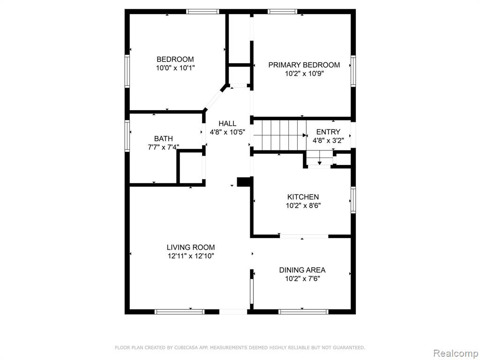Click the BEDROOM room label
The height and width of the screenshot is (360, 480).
175,59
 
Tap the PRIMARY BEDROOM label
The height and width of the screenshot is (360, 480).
304,65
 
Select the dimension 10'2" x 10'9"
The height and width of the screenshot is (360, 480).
304,74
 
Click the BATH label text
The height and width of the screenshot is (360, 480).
164,139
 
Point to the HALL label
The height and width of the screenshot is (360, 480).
227,123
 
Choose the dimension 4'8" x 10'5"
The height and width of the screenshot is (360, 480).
227,132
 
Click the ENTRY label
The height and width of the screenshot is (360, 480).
328,132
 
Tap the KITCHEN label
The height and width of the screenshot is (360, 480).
303,197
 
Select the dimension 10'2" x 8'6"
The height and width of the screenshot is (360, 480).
303,206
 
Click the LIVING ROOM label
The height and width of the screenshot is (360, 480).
191,247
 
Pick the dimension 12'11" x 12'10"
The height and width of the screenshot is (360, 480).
191,256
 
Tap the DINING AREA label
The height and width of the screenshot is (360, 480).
302,270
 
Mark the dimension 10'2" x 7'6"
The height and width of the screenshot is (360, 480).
302,279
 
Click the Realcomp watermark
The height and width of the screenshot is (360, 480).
456,353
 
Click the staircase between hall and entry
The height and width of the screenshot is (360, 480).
280,135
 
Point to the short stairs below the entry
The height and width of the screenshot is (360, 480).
320,158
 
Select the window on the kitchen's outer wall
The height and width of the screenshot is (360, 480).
353,200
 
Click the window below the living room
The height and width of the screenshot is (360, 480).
180,312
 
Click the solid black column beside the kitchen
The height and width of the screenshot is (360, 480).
244,181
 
